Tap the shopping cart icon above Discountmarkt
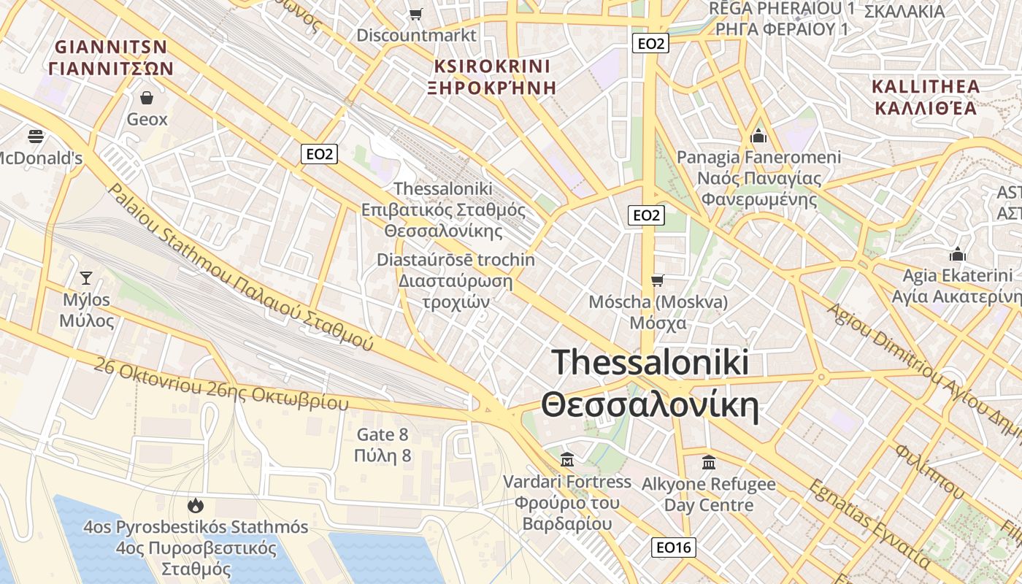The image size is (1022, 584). tap(416, 14)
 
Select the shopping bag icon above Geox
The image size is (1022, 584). tap(147, 98)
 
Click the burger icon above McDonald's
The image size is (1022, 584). tap(35, 136)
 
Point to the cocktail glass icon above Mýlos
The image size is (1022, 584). tap(86, 277)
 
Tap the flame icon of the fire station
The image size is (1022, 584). tap(195, 505)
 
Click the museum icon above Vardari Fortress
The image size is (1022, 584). tap(566, 460)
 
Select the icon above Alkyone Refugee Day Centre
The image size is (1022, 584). tap(708, 462)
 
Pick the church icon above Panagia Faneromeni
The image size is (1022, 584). tap(758, 136)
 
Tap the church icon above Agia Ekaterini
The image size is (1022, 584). tap(957, 254)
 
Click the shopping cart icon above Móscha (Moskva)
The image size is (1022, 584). tap(658, 280)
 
